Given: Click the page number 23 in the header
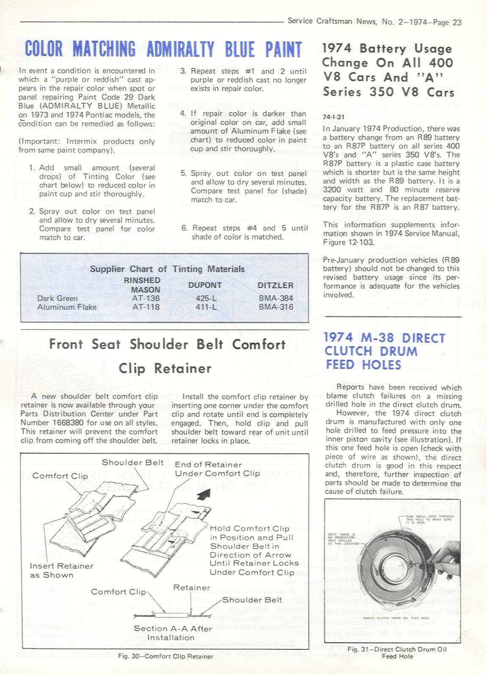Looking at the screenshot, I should click(457, 22).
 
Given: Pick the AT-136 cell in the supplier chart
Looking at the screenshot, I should click(146, 298).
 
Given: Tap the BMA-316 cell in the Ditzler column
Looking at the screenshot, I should click(276, 307).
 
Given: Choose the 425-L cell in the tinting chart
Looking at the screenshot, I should click(206, 298).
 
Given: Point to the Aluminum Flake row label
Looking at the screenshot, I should click(67, 307).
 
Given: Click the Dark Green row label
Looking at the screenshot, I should click(57, 298).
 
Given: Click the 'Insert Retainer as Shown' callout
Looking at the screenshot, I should click(61, 570).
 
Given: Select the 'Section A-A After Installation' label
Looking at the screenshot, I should click(172, 633).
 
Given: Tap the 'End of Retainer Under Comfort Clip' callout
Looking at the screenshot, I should click(217, 469).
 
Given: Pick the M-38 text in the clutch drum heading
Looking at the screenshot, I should click(378, 338).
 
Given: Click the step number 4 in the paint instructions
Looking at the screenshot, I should click(183, 114).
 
